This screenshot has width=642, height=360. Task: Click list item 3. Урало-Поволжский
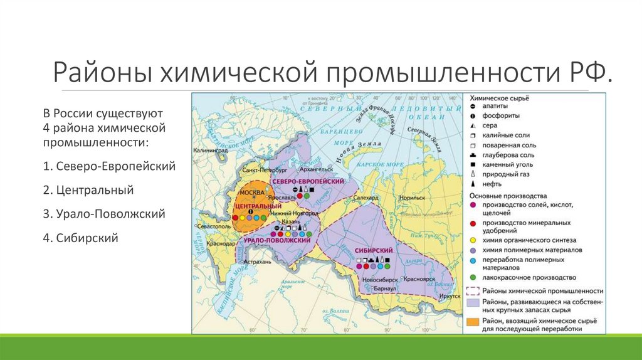point(104,214)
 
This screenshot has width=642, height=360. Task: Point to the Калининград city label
point(211,151)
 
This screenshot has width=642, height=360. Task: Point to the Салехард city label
point(366,197)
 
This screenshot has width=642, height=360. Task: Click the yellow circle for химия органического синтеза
point(473,240)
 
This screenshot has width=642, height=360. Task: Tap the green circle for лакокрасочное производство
point(473,277)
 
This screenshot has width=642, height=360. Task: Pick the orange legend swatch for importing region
point(473,322)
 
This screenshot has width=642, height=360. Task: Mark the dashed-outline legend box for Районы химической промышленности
point(473,291)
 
